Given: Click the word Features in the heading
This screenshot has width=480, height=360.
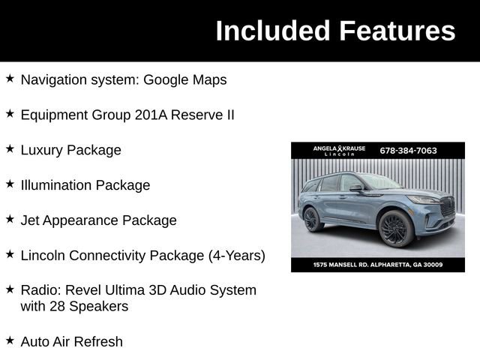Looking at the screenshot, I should [x=397, y=31].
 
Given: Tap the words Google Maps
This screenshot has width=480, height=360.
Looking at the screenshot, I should [x=184, y=79].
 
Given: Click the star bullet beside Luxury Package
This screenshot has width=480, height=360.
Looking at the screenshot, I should [x=10, y=149].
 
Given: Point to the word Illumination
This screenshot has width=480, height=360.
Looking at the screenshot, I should [x=58, y=185].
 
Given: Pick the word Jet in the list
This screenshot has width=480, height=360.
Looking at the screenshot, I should [x=31, y=220].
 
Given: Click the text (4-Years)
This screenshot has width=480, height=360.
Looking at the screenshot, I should [x=236, y=256].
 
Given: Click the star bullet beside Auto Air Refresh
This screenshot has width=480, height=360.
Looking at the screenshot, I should [x=10, y=340].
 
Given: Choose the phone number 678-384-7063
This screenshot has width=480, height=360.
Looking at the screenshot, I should [x=408, y=150].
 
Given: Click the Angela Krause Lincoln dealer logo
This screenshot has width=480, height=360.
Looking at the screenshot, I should [x=339, y=150].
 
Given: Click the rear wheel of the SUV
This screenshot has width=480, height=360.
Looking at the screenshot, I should [x=313, y=219].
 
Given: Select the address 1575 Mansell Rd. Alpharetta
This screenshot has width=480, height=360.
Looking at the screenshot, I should [x=377, y=265].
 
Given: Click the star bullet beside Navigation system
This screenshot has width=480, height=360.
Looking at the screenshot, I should [x=10, y=78].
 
